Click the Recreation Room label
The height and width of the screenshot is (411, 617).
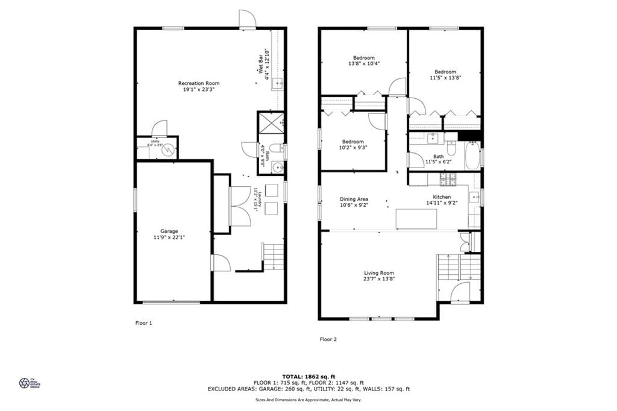click(198, 83)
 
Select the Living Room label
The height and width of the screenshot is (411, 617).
click(379, 273)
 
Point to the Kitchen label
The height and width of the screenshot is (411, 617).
click(442, 197)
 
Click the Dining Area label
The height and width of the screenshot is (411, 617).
click(354, 199)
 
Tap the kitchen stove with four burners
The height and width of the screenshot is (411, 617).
click(448, 179)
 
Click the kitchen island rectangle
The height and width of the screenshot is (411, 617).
click(417, 219)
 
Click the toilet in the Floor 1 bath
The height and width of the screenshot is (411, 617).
click(275, 148)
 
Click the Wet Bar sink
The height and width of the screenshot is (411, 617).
click(278, 84)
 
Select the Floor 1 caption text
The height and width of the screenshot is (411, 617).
click(143, 323)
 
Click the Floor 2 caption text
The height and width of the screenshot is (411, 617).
click(328, 339)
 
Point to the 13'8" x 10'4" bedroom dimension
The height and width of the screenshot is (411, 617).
click(363, 63)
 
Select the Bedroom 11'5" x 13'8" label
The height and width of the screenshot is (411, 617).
click(445, 72)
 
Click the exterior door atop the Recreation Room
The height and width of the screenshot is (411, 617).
click(247, 19)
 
